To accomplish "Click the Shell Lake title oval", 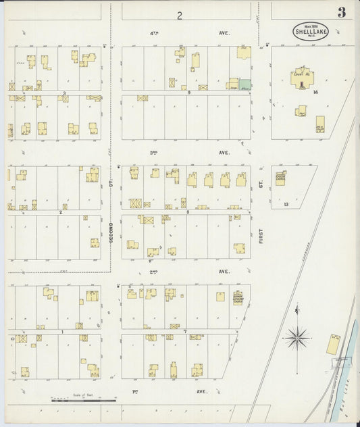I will click(307, 30).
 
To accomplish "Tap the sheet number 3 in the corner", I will click(342, 12).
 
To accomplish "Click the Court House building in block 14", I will click(301, 77).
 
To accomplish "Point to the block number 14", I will click(315, 92).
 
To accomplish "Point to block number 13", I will click(286, 203).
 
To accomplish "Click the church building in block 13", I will click(280, 178).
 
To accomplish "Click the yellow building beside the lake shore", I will click(333, 344).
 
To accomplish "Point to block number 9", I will click(190, 93).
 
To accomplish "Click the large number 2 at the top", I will click(180, 15).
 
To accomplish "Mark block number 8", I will click(187, 212).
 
